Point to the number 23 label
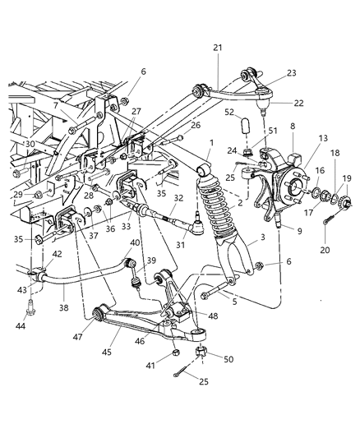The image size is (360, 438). point(291,72)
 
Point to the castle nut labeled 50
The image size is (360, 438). point(202,355)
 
